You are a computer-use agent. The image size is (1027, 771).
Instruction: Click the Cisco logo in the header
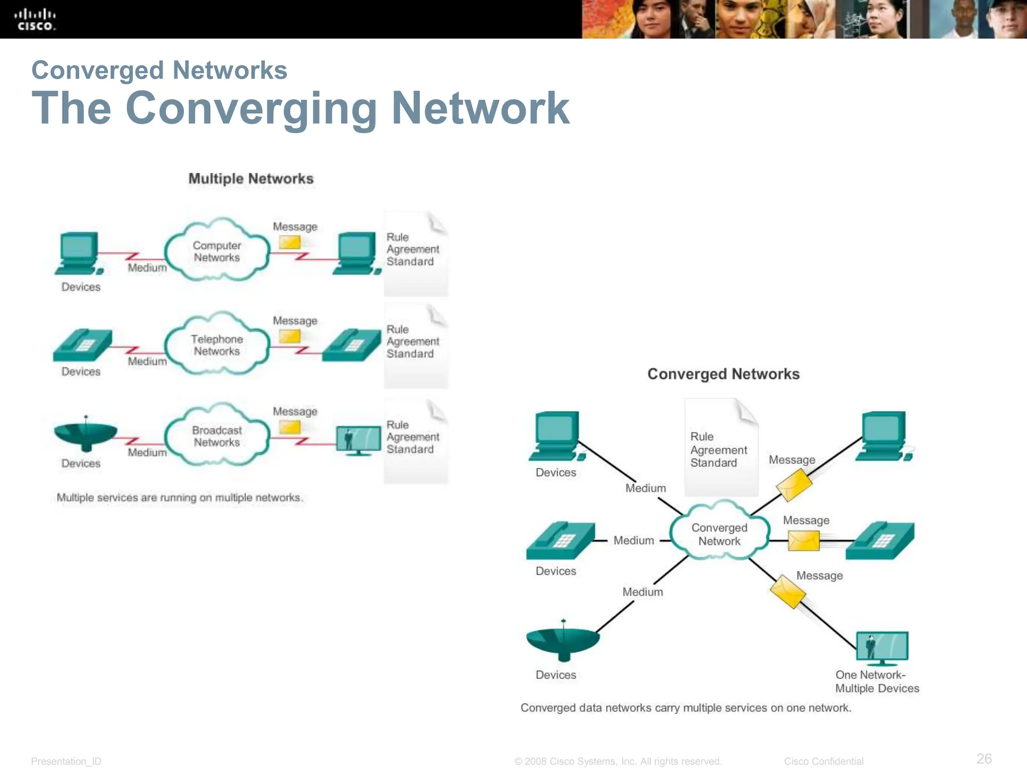pyautogui.click(x=35, y=20)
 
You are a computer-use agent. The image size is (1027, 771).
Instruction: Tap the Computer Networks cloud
pyautogui.click(x=217, y=251)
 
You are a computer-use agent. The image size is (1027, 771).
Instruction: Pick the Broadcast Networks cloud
pyautogui.click(x=217, y=436)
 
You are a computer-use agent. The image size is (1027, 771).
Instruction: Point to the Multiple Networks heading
pyautogui.click(x=251, y=179)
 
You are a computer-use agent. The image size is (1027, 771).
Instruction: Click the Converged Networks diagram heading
pyautogui.click(x=723, y=374)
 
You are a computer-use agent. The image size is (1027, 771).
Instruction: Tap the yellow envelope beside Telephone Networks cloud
pyautogui.click(x=290, y=336)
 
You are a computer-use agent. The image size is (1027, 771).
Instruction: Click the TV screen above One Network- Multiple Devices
pyautogui.click(x=882, y=647)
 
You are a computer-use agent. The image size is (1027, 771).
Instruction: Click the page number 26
pyautogui.click(x=984, y=758)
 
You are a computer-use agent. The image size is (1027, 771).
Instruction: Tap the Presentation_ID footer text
pyautogui.click(x=66, y=761)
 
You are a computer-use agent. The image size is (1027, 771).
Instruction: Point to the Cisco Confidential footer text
pyautogui.click(x=823, y=761)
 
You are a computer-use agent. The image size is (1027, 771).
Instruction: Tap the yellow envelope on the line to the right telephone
pyautogui.click(x=803, y=541)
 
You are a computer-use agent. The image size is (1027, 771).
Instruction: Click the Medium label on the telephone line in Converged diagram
pyautogui.click(x=633, y=541)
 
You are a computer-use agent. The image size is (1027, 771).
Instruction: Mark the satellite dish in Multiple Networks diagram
pyautogui.click(x=85, y=434)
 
